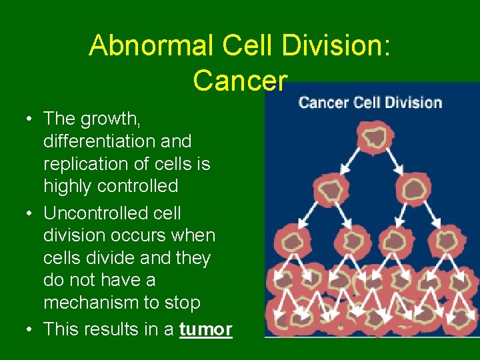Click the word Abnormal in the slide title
[x=138, y=45]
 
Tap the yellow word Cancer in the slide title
[x=240, y=80]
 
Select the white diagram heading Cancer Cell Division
[x=370, y=103]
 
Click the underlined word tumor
[x=205, y=329]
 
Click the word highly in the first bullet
[x=65, y=186]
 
